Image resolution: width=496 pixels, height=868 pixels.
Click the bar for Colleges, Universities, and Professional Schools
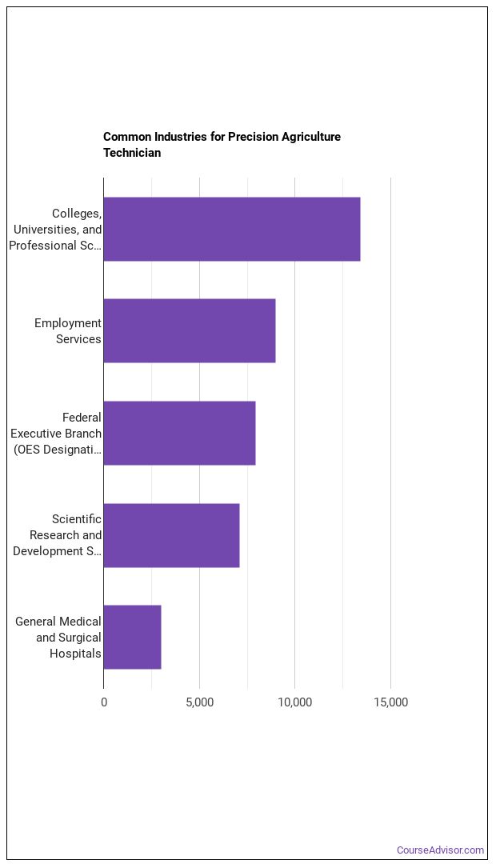[x=231, y=229]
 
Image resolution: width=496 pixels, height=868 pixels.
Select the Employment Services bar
[x=189, y=330]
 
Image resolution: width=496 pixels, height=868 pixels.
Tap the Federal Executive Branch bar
[x=179, y=433]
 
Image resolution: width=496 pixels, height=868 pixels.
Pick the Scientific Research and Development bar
[x=171, y=535]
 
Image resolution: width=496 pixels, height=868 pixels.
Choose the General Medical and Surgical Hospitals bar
[x=132, y=637]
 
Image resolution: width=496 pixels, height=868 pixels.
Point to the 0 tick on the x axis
[x=104, y=702]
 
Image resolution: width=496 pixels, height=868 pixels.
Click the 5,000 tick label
[x=199, y=702]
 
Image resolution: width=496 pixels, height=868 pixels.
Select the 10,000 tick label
[x=295, y=702]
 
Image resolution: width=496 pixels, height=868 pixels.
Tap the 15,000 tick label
[x=390, y=702]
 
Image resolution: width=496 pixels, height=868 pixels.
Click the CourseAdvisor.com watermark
[x=440, y=850]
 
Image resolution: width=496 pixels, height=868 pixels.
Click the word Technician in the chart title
[x=132, y=153]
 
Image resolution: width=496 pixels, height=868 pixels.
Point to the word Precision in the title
[x=254, y=137]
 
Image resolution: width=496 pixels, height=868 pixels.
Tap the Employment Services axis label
[x=68, y=330]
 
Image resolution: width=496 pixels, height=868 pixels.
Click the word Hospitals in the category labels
[x=75, y=654]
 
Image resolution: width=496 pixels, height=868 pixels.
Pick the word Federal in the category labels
[x=82, y=417]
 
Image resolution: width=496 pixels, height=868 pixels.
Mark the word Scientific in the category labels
[x=77, y=519]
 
